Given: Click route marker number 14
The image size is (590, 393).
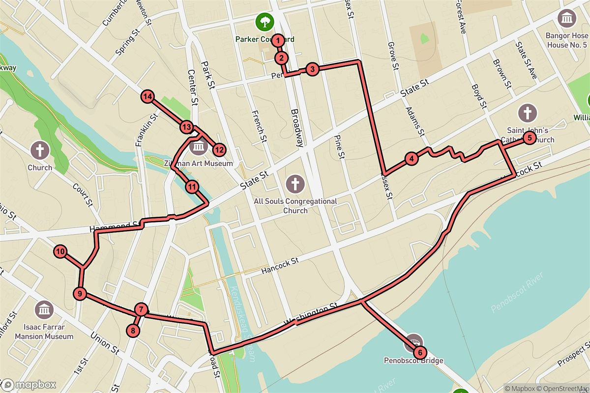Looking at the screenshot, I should [x=147, y=97].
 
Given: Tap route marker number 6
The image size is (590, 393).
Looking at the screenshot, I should [x=419, y=352].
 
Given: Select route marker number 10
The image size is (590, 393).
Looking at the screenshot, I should [x=60, y=252].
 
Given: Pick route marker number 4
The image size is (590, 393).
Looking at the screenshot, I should [x=411, y=158].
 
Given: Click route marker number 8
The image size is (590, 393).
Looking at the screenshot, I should [x=133, y=331].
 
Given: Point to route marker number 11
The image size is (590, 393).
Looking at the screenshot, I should [x=192, y=186].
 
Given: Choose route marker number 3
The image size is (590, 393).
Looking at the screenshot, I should [x=312, y=69].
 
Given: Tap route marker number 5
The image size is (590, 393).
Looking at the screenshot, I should [x=529, y=138].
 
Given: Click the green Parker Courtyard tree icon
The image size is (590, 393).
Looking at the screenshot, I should [x=265, y=21].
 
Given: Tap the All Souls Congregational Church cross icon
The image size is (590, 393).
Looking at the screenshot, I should [x=295, y=185].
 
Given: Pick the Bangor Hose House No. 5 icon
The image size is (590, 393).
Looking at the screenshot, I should [x=567, y=19].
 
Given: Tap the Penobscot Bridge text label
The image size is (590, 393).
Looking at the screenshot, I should [x=413, y=361].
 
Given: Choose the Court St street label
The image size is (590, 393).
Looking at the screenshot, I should [x=83, y=195].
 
